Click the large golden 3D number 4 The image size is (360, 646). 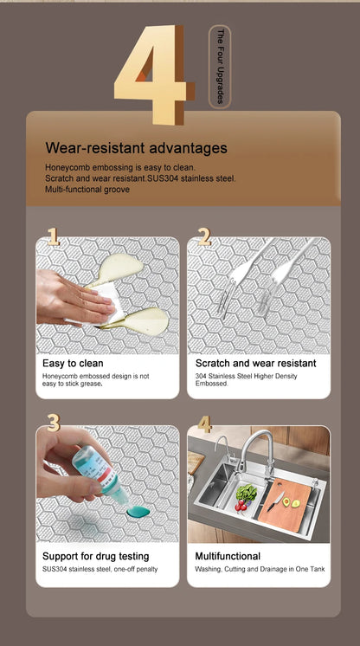pos(155,74)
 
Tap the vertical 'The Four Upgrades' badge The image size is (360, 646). pos(220,67)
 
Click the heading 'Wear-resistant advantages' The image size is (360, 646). pos(137,147)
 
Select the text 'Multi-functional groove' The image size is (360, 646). pos(87,190)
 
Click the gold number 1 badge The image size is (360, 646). pos(53,237)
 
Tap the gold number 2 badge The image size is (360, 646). pos(205,237)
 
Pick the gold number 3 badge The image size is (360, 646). pos(54,423)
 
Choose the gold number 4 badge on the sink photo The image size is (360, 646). pos(205,424)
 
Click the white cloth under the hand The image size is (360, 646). pos(105,303)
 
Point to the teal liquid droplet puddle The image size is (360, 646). pos(138,512)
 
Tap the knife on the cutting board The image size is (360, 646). pos(275,501)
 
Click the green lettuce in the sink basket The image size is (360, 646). pos(247,493)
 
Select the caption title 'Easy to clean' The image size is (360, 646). pos(73,364)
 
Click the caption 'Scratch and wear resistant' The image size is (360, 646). pos(256,364)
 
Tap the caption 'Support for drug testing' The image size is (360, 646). pos(95,556)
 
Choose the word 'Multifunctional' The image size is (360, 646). pos(228,556)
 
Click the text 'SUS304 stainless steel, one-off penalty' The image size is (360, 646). pos(100,569)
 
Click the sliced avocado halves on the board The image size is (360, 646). pos(291,502)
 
